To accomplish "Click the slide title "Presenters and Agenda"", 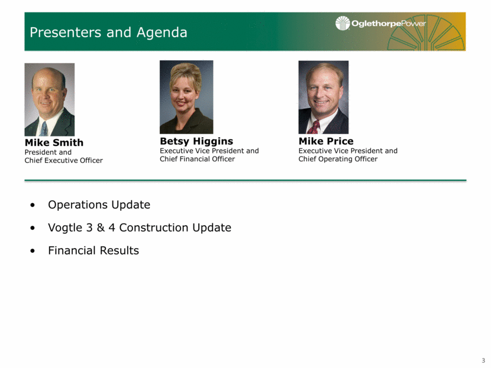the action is (x=108, y=32).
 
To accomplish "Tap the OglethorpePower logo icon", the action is (x=343, y=23).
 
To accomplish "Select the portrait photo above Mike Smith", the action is (x=50, y=99).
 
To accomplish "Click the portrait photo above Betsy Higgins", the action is (x=186, y=97).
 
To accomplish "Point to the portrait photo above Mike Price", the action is (x=324, y=97).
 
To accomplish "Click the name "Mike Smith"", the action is (x=54, y=142).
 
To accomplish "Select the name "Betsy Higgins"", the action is (x=196, y=141).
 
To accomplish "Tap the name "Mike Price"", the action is (x=326, y=141).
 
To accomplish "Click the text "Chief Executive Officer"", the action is (x=63, y=161).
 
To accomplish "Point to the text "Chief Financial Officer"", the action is (x=197, y=159).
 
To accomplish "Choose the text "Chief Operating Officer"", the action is (x=338, y=159).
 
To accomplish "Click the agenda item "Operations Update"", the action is (x=99, y=205).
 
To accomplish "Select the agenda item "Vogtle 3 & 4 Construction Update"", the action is (x=140, y=227).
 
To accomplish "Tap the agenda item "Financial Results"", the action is (x=93, y=250).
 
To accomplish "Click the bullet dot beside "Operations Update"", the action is (x=33, y=205).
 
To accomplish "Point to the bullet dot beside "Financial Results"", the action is (x=33, y=251).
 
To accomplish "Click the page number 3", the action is (x=483, y=360).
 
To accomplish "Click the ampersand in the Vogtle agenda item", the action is (x=101, y=227).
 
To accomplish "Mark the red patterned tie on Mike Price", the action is (x=314, y=127).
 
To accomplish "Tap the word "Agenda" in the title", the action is (x=161, y=33).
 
